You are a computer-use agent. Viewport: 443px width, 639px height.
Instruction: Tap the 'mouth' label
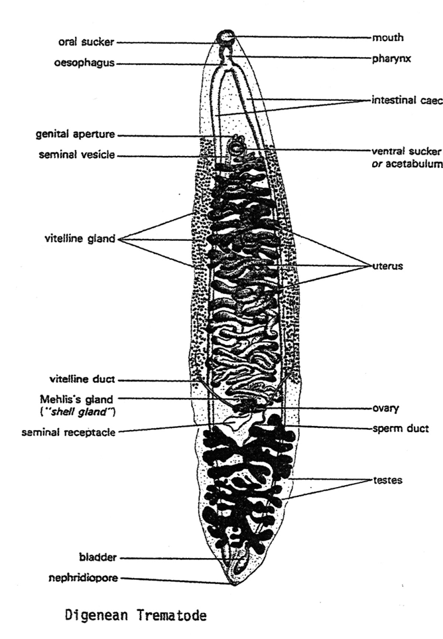click(388, 37)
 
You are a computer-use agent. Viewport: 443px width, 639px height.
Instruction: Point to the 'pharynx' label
click(391, 58)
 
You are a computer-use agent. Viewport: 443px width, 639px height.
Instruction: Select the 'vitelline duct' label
click(82, 380)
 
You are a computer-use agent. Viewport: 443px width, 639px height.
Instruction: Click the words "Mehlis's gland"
click(79, 399)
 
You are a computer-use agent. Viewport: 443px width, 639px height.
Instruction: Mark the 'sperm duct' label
click(399, 429)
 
